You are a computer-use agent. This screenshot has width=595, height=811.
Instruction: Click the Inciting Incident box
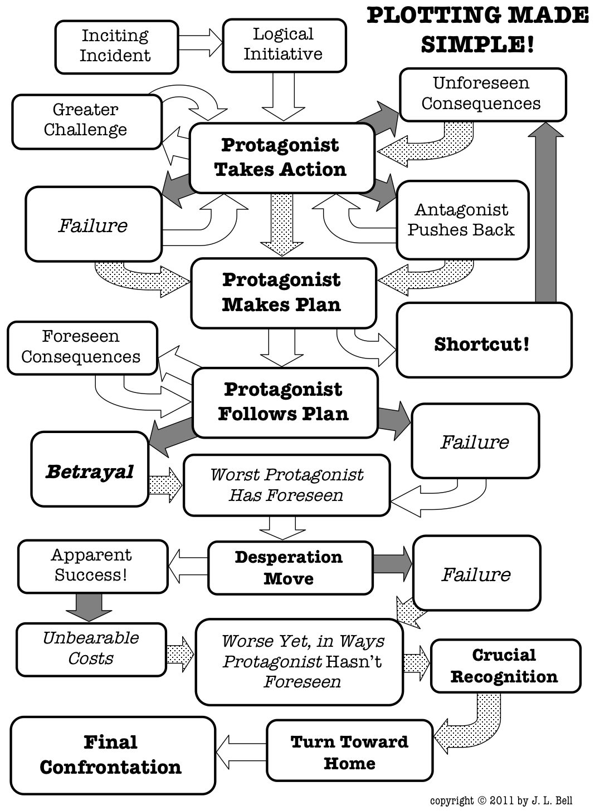coord(116,46)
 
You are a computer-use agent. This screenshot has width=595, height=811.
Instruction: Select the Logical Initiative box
coord(284,45)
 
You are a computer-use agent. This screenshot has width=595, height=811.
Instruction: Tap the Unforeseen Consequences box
coord(482,94)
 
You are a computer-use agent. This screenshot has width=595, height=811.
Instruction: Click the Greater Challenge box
coord(86,120)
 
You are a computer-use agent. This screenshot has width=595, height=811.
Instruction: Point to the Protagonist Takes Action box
coord(281,158)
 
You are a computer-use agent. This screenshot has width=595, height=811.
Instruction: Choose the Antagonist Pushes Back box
coord(461,220)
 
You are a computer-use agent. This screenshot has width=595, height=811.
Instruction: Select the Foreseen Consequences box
coord(82,347)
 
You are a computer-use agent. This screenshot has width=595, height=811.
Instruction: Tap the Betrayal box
coord(90,471)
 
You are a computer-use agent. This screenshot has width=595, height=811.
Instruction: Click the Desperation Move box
coord(290,568)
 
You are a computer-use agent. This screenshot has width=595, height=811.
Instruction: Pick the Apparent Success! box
coord(92,566)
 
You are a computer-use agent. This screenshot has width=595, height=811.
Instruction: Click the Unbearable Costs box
coord(91,649)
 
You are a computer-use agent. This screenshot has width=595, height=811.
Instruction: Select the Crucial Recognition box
coord(505,666)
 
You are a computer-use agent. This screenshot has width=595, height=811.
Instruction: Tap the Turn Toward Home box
coord(349,751)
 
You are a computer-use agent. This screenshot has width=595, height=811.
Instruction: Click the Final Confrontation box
coord(112,755)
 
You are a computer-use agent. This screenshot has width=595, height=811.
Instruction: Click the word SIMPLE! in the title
coord(477,44)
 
